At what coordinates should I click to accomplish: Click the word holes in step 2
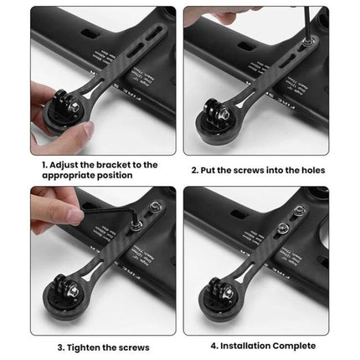point(308,170)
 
